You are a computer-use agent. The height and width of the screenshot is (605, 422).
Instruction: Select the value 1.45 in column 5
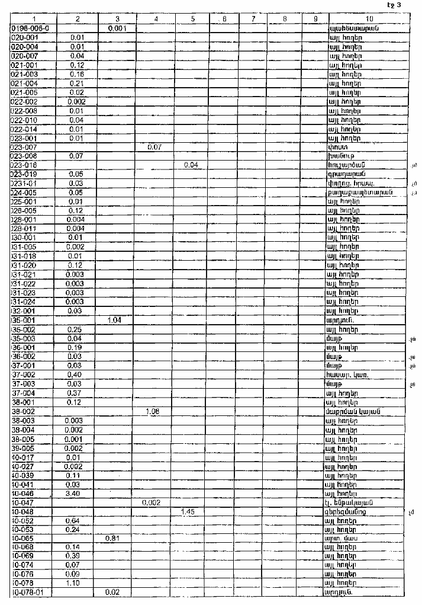click(190, 511)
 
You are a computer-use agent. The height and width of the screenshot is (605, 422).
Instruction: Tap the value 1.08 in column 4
click(153, 411)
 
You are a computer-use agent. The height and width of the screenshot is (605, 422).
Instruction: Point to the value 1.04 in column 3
click(115, 321)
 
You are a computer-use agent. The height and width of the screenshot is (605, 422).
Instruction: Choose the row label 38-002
click(24, 411)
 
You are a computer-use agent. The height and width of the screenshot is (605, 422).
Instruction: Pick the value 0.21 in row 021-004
click(78, 84)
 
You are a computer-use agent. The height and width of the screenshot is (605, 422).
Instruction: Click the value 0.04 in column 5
click(190, 165)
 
